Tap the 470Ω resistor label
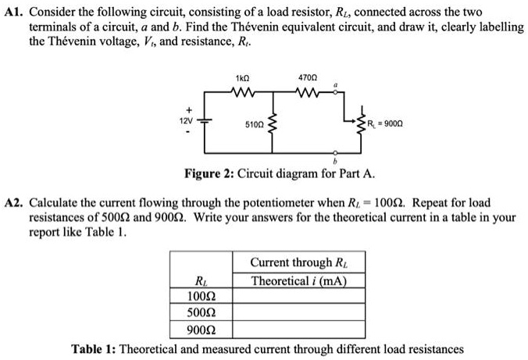point(306,78)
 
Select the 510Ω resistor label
point(254,124)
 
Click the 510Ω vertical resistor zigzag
point(271,124)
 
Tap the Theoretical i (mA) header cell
point(298,281)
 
